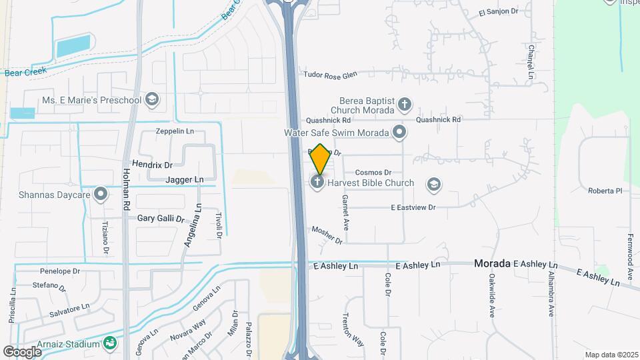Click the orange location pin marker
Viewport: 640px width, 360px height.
coord(320,159)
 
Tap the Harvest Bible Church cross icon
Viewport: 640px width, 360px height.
coord(318,182)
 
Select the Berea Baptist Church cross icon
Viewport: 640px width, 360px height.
coord(404,104)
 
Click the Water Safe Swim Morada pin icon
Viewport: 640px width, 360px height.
coord(399,132)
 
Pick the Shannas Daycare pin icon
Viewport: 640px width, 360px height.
coord(101,195)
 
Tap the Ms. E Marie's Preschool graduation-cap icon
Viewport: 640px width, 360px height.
coord(153,100)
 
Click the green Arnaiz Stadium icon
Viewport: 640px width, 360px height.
coord(110,344)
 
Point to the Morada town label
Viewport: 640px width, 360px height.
coord(492,263)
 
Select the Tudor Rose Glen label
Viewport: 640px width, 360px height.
coord(330,76)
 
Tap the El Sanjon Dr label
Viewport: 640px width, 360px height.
coord(499,11)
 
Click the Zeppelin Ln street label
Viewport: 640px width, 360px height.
coord(175,131)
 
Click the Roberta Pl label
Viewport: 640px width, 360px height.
coord(605,191)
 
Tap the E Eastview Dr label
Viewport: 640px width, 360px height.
coord(413,207)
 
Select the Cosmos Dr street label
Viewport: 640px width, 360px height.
coord(373,172)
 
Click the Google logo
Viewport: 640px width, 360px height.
coord(23,351)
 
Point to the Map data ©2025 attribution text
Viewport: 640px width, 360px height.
coord(611,355)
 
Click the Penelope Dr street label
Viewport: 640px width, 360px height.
coord(60,271)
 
